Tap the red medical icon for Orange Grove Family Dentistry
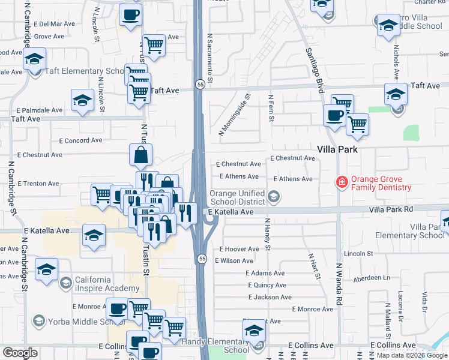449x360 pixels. tap(342, 181)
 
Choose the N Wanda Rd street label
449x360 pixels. tap(339, 284)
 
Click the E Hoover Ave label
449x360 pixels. tap(240, 249)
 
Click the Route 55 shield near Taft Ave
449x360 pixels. tap(200, 86)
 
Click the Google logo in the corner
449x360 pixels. tap(20, 353)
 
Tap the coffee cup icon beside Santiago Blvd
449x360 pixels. tap(334, 115)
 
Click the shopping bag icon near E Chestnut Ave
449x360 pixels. tap(140, 155)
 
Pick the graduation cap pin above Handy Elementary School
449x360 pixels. tap(254, 331)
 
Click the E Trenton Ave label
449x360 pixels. tap(38, 183)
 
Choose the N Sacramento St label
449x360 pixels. tap(210, 58)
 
